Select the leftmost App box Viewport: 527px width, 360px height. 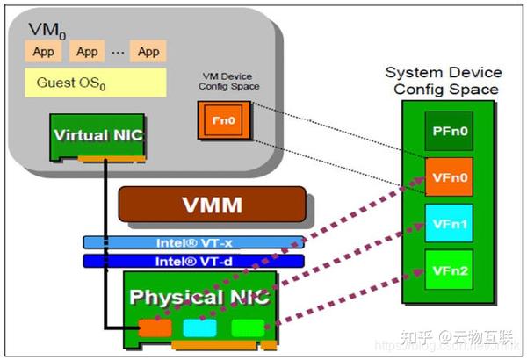pyautogui.click(x=43, y=52)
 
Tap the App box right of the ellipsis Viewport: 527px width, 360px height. pyautogui.click(x=148, y=52)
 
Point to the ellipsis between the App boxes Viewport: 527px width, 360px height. pyautogui.click(x=118, y=53)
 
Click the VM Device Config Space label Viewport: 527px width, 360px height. pyautogui.click(x=227, y=84)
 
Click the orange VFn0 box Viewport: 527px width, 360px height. pyautogui.click(x=450, y=176)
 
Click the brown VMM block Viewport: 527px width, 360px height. pyautogui.click(x=213, y=206)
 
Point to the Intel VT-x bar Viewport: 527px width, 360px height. pyautogui.click(x=194, y=241)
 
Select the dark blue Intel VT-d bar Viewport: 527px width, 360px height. pyautogui.click(x=194, y=260)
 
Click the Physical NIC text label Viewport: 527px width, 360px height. pyautogui.click(x=202, y=297)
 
